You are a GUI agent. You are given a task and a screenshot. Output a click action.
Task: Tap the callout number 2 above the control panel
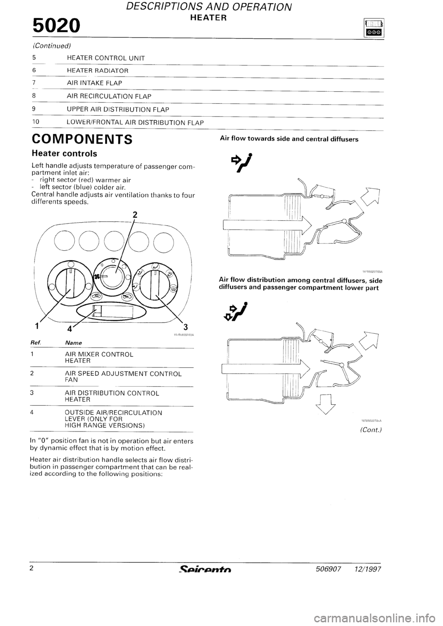coord(134,214)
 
